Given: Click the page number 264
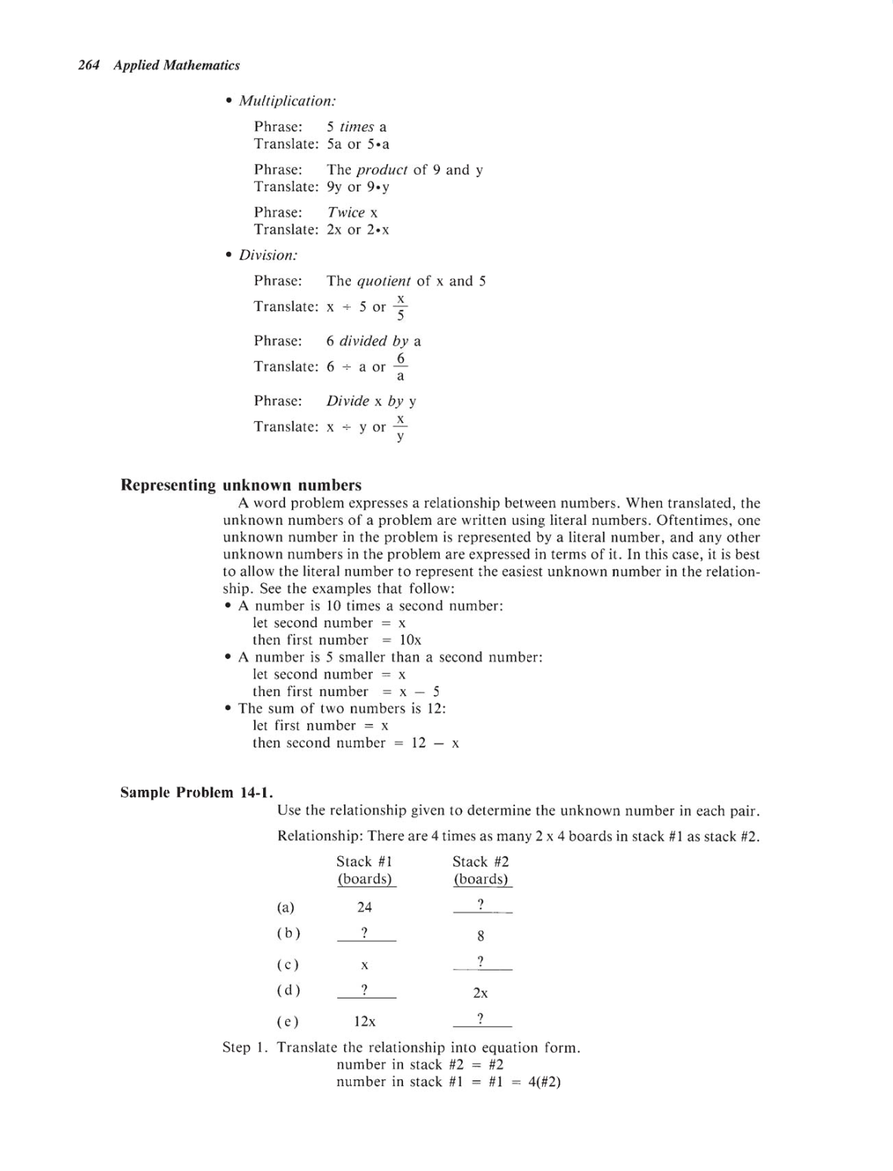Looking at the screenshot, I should (89, 66).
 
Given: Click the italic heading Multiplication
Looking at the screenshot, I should (287, 101).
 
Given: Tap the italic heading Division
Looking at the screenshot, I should (268, 255).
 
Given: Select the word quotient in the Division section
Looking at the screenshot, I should (383, 281).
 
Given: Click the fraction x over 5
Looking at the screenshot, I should (401, 307).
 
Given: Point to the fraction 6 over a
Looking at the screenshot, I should (401, 367).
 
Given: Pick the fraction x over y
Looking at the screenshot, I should (401, 427).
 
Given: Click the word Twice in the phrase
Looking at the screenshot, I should (346, 213).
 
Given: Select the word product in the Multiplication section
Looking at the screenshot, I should (381, 170).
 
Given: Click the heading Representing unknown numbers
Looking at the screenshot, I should (241, 485).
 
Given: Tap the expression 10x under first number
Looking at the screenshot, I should (411, 640).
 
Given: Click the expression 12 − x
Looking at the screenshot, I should (435, 743).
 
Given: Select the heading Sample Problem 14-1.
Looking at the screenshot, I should (197, 793).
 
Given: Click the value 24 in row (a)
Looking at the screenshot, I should (364, 907).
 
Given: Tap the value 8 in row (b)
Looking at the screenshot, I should (481, 936).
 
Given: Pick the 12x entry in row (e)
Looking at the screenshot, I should (365, 1021).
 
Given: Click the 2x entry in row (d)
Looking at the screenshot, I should (481, 993).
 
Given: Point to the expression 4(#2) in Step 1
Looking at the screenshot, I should (544, 1082).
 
